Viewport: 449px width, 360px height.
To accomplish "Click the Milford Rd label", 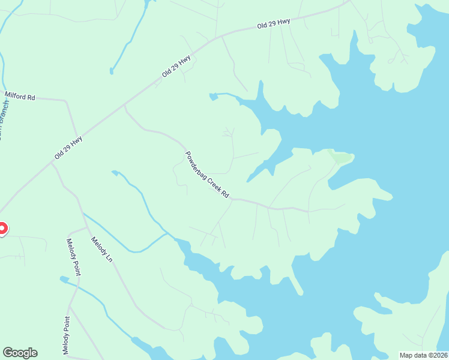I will tap(20, 96).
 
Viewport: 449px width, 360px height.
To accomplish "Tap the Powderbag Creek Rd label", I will tap(207, 175).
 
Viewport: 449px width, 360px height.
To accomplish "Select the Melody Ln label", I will tap(101, 249).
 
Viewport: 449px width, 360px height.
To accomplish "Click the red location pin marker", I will tap(2, 229).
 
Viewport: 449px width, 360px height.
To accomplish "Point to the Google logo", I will tap(20, 353).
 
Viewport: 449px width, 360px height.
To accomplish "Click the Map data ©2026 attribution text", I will tap(423, 355).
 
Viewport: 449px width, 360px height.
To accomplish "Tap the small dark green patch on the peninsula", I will tap(340, 158).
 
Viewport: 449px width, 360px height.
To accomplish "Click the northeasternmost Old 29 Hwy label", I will tap(273, 24).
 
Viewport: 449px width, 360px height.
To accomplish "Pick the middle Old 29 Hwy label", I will tap(176, 67).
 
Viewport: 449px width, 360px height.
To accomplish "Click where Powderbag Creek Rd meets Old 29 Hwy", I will tap(124, 105).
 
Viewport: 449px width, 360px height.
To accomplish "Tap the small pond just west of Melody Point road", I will tap(64, 278).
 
